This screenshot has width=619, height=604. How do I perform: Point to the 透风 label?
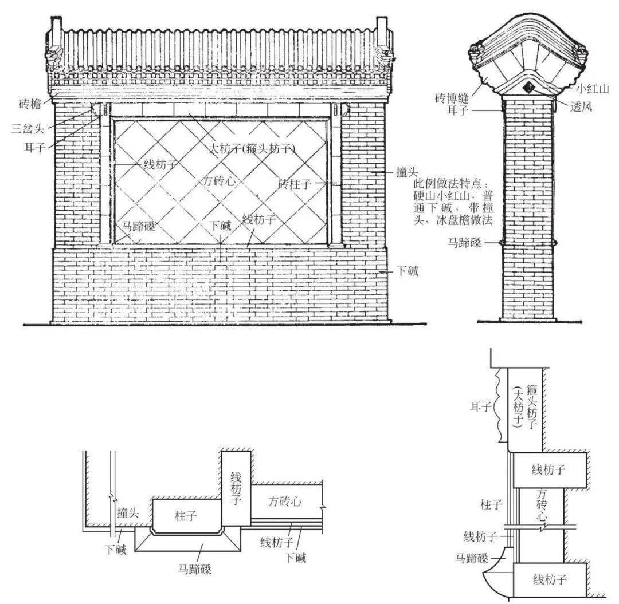(585, 107)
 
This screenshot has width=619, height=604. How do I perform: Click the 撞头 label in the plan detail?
(127, 513)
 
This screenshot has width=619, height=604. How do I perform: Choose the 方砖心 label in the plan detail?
(285, 502)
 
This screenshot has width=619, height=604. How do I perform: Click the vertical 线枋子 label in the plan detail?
(236, 488)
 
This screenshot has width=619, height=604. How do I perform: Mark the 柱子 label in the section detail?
(491, 504)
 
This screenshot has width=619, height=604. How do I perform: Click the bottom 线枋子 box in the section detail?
(550, 579)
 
